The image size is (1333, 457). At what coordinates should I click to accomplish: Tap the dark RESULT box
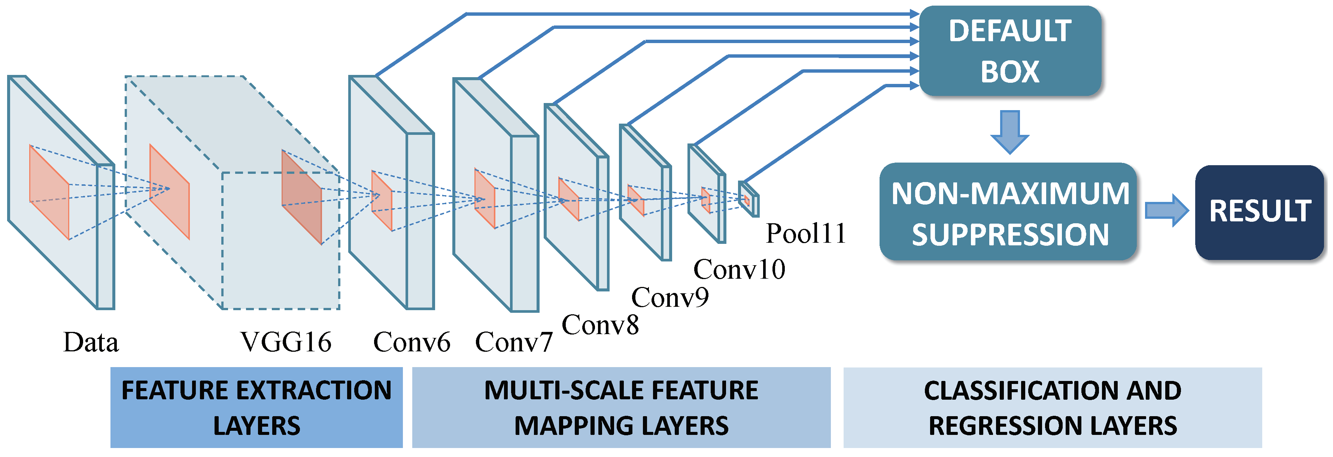(1259, 212)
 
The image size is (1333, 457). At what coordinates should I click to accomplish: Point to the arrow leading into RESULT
(1166, 210)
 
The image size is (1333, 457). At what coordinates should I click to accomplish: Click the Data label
(91, 342)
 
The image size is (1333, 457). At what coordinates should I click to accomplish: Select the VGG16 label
(286, 342)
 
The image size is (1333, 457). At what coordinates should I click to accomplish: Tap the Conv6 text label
(412, 342)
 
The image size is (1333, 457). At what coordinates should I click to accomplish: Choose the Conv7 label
(514, 342)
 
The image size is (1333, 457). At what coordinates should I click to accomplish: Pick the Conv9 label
(670, 297)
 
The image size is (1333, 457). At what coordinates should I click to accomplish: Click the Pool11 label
(806, 233)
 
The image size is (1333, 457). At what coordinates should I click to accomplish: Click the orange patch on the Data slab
(49, 193)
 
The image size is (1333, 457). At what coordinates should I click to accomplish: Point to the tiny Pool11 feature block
(748, 199)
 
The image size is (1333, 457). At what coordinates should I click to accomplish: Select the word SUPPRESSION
(1010, 234)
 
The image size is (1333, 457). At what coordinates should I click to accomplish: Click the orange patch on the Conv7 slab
(485, 198)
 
